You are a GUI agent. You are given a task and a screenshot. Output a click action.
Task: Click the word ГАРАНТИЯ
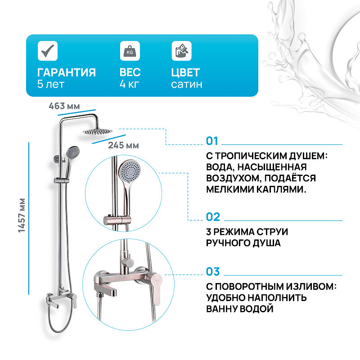67,72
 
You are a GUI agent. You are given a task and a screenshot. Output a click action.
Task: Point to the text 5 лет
51,84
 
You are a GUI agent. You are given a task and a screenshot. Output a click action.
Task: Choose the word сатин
186,84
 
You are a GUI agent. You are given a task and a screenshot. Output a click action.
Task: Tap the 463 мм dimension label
64,106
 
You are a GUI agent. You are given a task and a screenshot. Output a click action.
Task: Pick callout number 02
213,217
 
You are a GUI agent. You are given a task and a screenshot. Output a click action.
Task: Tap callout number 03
213,272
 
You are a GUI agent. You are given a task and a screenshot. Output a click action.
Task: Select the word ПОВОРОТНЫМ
257,286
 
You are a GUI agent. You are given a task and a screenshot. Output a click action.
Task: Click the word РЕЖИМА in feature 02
238,231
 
